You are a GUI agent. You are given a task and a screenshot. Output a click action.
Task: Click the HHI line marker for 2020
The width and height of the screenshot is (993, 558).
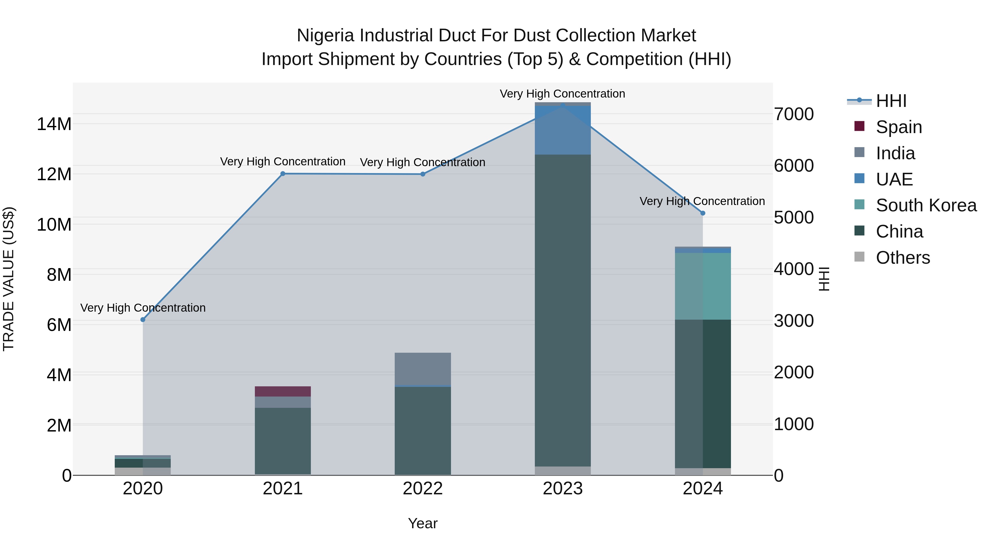143,320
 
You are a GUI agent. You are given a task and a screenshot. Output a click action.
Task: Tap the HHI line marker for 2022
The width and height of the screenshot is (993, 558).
423,174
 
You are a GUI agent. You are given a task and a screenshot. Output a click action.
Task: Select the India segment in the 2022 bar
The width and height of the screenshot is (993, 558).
423,368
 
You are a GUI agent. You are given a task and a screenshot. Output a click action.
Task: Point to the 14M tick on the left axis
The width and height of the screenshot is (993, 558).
54,124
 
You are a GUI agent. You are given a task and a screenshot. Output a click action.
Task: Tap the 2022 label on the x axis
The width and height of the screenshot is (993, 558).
423,489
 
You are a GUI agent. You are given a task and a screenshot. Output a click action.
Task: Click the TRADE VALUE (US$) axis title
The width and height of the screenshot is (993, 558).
9,279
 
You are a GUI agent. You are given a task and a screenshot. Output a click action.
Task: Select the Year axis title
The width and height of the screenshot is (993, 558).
423,523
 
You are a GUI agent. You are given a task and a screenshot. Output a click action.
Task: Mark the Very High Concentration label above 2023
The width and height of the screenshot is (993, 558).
562,94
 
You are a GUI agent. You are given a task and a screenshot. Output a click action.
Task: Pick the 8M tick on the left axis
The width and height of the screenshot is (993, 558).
59,274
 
